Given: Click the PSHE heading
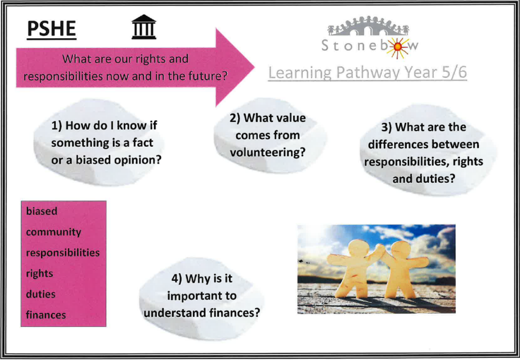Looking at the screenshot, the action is coord(51,29).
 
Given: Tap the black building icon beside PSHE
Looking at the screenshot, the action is coord(144,27).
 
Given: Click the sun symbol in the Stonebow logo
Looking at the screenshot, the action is coord(397,47).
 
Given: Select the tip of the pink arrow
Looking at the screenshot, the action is coord(254,68).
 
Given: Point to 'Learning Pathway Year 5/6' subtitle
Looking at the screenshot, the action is coord(368,73).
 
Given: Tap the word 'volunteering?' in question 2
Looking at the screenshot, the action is coord(268,152).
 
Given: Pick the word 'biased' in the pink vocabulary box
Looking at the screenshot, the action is coord(42,211).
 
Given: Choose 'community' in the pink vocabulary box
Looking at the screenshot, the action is coord(53,232).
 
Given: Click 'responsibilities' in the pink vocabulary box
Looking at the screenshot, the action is coord(62,252).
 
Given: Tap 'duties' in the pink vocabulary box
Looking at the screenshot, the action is coord(41,294).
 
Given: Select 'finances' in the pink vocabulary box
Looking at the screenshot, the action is coord(46,315).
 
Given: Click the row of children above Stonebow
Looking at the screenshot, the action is coord(368,25).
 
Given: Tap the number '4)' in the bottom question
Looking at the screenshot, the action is coord(177,279).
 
